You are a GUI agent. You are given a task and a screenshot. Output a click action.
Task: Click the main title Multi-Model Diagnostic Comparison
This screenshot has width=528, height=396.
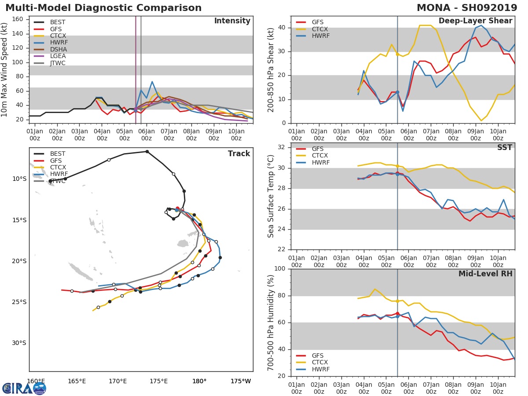103,8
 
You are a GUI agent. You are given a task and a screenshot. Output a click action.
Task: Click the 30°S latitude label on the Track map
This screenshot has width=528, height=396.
19,343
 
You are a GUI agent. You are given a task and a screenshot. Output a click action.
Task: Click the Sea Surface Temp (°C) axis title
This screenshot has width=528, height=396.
271,196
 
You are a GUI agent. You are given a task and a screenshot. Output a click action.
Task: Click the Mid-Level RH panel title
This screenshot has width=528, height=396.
485,274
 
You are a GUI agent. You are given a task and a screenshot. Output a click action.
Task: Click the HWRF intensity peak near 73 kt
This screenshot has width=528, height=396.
152,81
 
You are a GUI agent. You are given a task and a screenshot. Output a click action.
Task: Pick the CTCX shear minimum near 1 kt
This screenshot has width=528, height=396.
481,121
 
